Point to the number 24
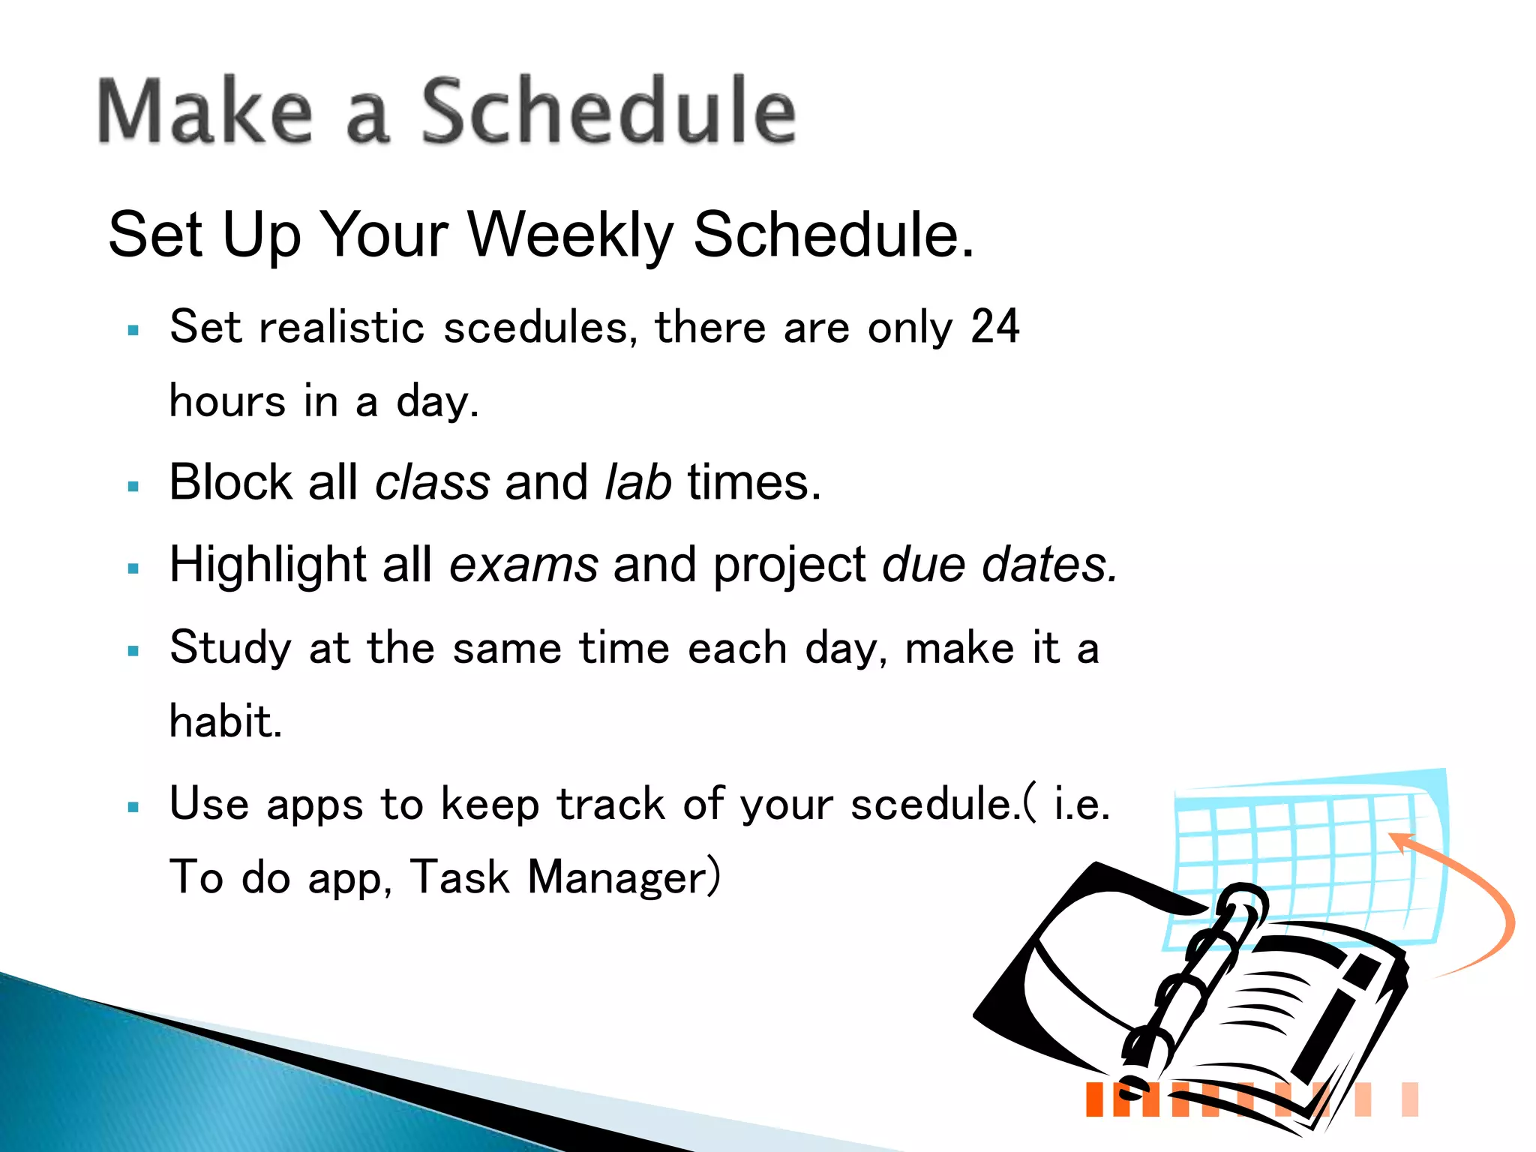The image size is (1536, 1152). (994, 327)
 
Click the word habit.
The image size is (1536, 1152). (225, 721)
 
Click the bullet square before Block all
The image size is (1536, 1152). (134, 487)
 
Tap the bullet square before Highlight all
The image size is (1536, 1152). (134, 568)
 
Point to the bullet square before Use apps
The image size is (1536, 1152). (134, 808)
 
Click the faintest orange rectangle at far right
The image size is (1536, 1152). (1410, 1099)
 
